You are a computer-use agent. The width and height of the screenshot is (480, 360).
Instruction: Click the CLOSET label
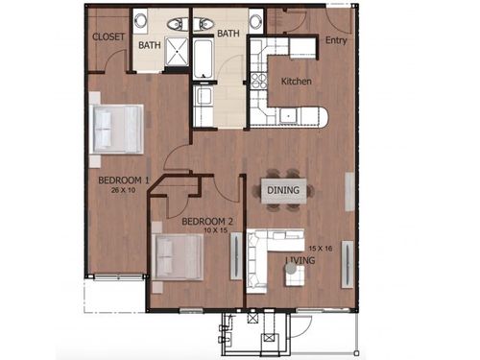click(108, 36)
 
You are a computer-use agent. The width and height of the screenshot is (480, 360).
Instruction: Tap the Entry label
click(336, 40)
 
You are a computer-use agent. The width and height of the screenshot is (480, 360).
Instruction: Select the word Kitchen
click(296, 82)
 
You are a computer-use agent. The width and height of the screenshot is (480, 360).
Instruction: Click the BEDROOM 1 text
click(123, 180)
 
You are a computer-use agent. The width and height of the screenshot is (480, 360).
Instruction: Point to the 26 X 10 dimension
click(123, 190)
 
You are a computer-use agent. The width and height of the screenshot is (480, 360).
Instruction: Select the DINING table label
click(283, 190)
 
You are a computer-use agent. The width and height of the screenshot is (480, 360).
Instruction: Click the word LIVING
click(307, 259)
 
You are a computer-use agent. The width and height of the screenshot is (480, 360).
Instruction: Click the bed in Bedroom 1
click(117, 129)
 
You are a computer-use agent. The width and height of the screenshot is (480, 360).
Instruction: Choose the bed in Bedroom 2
click(179, 256)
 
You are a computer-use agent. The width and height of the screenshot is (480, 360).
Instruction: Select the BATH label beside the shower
click(149, 45)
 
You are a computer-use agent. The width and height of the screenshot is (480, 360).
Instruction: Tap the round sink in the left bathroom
click(141, 20)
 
